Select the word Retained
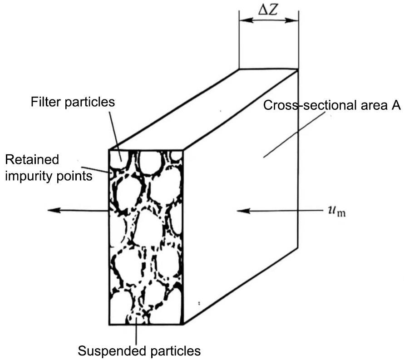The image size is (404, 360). tap(32, 160)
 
